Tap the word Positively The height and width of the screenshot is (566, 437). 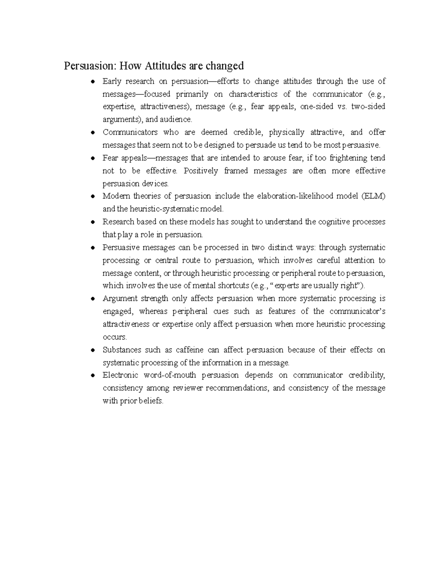tap(201, 171)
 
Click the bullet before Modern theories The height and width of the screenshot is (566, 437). tap(94, 196)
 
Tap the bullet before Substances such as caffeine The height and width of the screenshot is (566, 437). tap(94, 350)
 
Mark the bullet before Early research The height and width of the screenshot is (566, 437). tap(94, 82)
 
